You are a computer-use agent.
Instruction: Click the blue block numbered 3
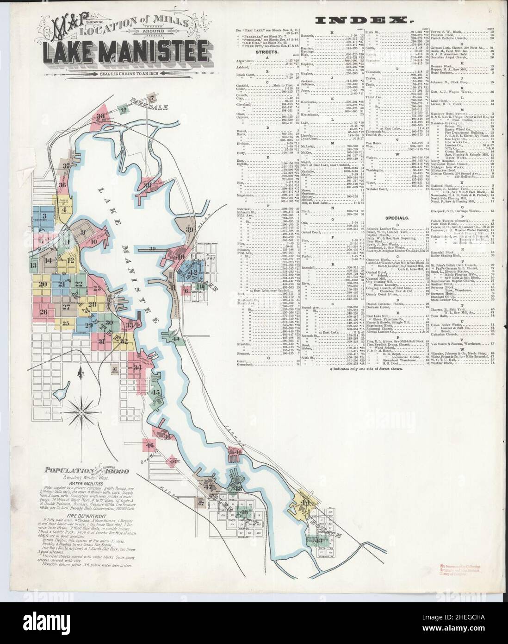(45, 216)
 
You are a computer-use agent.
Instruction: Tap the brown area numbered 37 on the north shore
(67, 165)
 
